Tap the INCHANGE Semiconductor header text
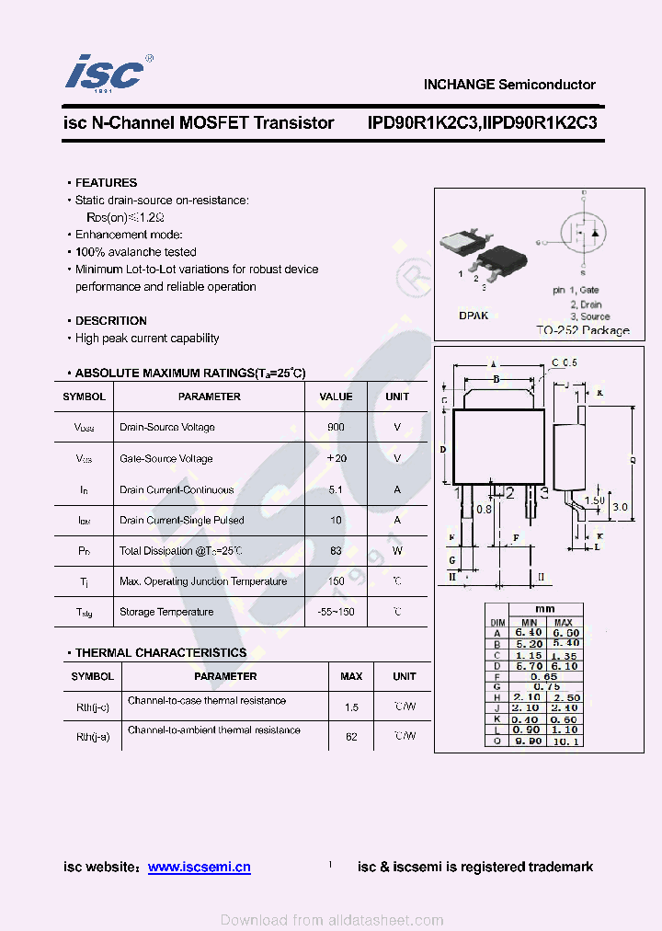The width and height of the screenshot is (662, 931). pos(508,85)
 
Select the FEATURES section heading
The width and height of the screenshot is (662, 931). pos(106,183)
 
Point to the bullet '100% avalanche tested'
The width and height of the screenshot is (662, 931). pos(135,252)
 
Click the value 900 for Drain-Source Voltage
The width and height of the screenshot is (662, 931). pos(336,427)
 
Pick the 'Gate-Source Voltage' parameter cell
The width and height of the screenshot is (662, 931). pos(165,458)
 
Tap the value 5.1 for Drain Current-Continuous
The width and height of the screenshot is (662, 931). pos(336,489)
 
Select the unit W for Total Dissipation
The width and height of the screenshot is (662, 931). pos(397,551)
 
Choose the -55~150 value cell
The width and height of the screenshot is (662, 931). pos(336,612)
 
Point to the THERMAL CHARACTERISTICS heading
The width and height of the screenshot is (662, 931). pos(161,653)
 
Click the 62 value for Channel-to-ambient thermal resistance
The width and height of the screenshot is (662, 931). pos(351,736)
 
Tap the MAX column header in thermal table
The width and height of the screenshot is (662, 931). pos(351,676)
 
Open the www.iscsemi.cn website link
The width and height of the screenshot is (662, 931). pos(199,867)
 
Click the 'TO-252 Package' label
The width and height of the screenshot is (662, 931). pos(583,330)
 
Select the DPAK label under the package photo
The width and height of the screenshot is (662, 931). pos(474,315)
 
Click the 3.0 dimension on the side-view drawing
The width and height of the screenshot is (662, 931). pos(620,507)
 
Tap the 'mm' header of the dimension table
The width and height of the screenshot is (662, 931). pos(545,609)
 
